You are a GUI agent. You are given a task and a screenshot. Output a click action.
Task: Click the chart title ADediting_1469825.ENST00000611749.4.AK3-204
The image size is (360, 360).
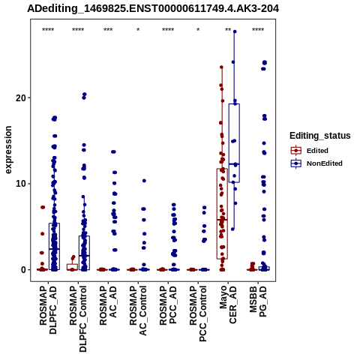(x=153, y=8)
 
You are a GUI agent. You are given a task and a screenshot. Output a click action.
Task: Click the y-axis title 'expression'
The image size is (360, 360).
(x=8, y=150)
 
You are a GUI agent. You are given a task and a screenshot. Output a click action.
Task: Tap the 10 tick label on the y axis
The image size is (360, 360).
(x=20, y=184)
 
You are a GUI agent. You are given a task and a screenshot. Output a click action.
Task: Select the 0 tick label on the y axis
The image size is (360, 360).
(x=23, y=270)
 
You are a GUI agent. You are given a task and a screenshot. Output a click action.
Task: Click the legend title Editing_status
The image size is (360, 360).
(x=320, y=136)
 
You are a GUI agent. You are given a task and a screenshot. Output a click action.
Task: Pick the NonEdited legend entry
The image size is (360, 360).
(x=316, y=163)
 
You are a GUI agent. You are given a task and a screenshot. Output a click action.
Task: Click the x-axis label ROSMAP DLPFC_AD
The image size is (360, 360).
(x=48, y=310)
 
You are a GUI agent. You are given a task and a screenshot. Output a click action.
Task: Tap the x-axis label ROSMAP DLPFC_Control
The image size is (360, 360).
(x=78, y=319)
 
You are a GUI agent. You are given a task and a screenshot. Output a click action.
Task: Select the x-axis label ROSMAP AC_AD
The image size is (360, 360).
(x=108, y=305)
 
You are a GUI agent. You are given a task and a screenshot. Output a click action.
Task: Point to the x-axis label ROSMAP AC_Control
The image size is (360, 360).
(x=138, y=310)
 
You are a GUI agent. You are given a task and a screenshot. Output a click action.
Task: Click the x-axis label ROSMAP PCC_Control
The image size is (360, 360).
(x=198, y=313)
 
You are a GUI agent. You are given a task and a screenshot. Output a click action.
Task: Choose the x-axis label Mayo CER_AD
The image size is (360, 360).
(x=228, y=304)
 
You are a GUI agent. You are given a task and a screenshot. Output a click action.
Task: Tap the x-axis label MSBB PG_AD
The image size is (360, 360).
(x=258, y=301)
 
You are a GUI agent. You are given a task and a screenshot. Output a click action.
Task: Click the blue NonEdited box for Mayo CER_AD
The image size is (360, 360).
(x=234, y=143)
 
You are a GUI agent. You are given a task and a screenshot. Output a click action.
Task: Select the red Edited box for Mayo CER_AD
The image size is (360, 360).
(x=222, y=214)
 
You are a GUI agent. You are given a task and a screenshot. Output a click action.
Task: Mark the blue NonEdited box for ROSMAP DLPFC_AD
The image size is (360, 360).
(x=54, y=247)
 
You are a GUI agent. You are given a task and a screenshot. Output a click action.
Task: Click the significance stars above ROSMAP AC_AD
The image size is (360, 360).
(x=108, y=30)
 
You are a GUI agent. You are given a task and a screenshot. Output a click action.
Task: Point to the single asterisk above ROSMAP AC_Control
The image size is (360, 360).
(x=138, y=30)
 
